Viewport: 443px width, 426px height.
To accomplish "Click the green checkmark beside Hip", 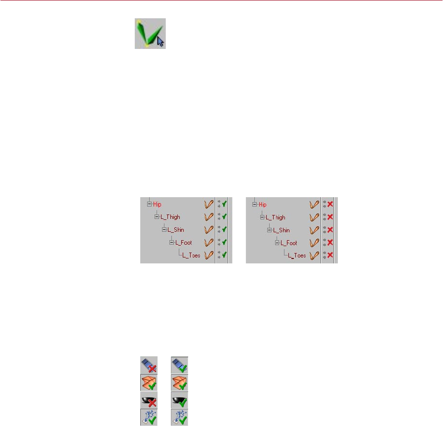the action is pos(224,204).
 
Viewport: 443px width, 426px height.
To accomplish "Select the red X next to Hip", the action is pos(330,204).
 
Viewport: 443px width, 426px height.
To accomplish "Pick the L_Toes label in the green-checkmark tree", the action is pos(191,256).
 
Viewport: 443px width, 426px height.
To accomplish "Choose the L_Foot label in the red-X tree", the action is pos(289,243).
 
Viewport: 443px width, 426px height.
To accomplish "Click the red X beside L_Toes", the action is pos(330,256).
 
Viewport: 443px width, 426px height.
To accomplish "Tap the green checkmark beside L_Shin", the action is pos(224,230).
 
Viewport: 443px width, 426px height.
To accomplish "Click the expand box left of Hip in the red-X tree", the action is pos(254,204).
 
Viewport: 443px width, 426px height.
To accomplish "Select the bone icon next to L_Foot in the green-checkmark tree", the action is pos(209,243).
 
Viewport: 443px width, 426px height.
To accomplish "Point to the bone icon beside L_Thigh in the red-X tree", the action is pos(314,217).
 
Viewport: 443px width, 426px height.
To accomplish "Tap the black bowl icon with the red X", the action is pos(148,398).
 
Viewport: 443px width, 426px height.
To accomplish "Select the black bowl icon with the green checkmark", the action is pos(179,398).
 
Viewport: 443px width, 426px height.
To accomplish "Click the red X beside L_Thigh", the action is pos(330,217).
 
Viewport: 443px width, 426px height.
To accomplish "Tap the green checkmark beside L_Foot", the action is pos(224,243).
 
